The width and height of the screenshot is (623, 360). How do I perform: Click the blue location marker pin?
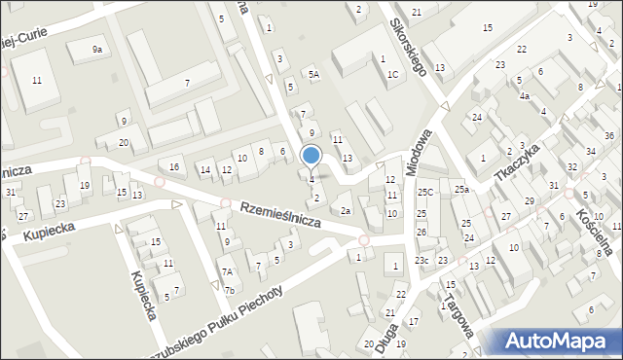tap(311, 156)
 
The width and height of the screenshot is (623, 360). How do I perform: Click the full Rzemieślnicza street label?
tap(280, 214)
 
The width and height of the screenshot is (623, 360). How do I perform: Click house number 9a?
tap(97, 49)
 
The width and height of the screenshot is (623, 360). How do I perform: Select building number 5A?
tap(313, 74)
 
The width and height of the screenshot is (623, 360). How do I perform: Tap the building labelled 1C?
tap(392, 74)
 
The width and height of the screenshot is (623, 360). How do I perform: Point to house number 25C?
tap(425, 193)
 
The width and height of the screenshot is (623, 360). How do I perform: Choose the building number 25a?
tap(460, 190)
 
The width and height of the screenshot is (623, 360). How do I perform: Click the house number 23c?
tap(421, 260)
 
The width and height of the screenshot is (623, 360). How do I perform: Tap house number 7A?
tap(227, 272)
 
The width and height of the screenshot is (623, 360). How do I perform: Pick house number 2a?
tap(345, 210)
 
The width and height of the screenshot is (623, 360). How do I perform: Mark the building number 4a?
tap(524, 96)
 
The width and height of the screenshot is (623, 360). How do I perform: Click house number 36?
tap(609, 135)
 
